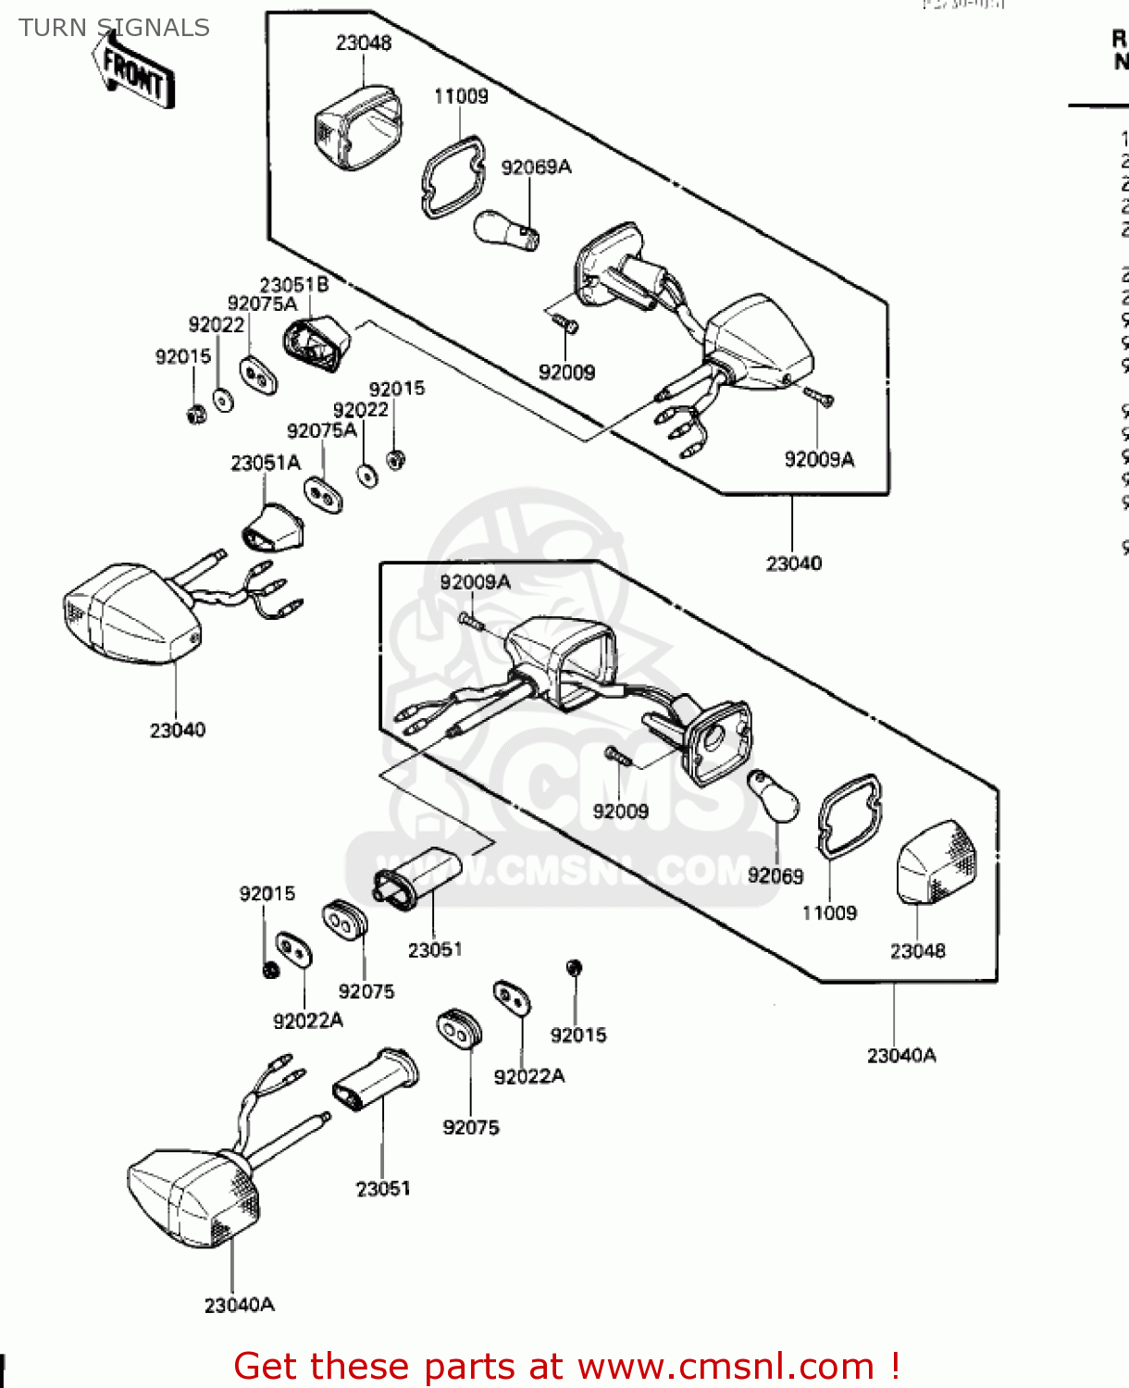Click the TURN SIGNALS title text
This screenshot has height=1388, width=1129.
tap(114, 28)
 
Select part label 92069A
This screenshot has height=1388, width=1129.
tap(536, 167)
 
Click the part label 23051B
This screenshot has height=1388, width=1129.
tap(293, 285)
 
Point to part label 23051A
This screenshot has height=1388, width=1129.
tap(266, 463)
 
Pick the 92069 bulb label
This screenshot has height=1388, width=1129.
tap(775, 875)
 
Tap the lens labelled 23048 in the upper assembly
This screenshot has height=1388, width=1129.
tap(357, 128)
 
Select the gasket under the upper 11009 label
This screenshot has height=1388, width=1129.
tap(453, 177)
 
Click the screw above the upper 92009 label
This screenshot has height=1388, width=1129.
tap(564, 323)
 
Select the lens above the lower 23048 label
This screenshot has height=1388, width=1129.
tap(937, 861)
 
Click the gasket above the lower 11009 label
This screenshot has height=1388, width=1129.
tap(850, 813)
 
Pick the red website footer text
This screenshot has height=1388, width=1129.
tap(566, 1366)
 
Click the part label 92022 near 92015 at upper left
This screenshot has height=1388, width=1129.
tap(217, 325)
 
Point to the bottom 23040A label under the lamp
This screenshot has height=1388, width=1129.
tap(239, 1305)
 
